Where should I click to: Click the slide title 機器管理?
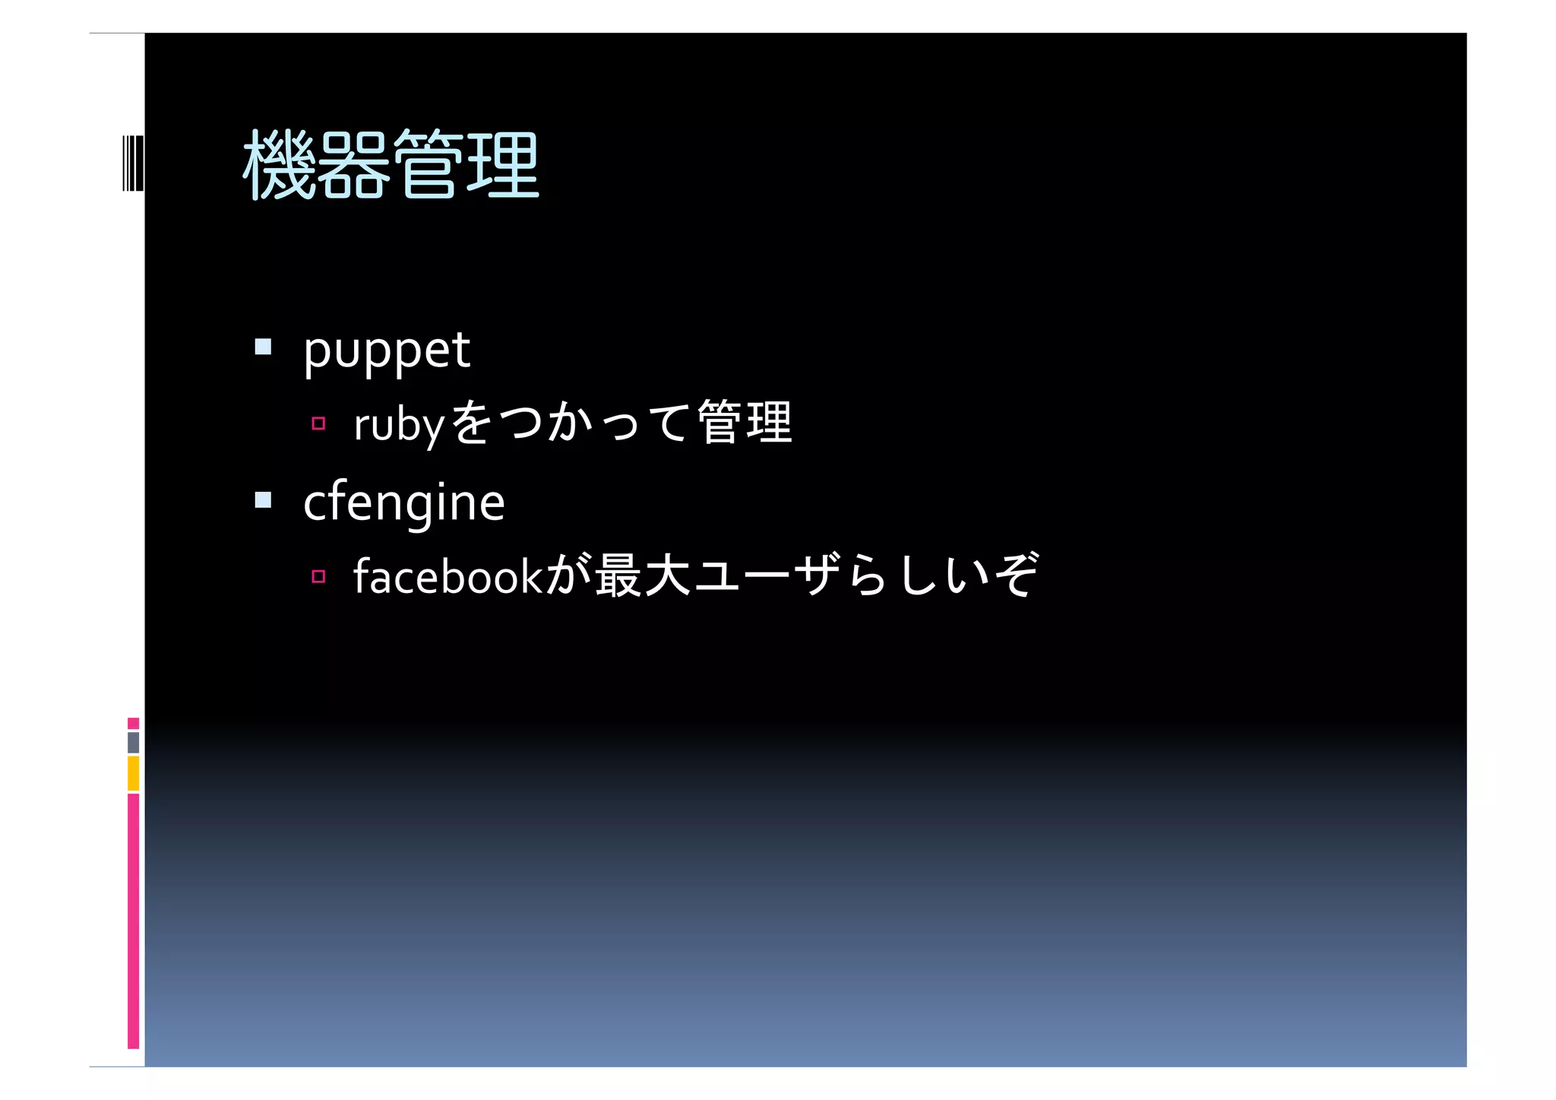coord(391,164)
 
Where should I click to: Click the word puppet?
coord(386,351)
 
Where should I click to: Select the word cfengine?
coord(403,502)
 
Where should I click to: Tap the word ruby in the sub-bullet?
coord(398,425)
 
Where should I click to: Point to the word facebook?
coord(448,576)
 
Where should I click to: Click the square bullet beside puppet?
coord(263,347)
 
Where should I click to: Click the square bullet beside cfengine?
coord(263,499)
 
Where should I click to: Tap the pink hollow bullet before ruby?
coord(318,423)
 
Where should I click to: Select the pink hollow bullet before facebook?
coord(318,576)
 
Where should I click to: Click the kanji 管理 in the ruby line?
coord(744,423)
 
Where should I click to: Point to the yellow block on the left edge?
coord(133,773)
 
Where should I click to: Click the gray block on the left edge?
coord(133,743)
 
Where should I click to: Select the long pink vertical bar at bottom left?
coord(133,920)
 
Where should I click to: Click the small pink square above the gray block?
coord(133,723)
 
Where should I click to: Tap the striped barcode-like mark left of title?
coord(132,163)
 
